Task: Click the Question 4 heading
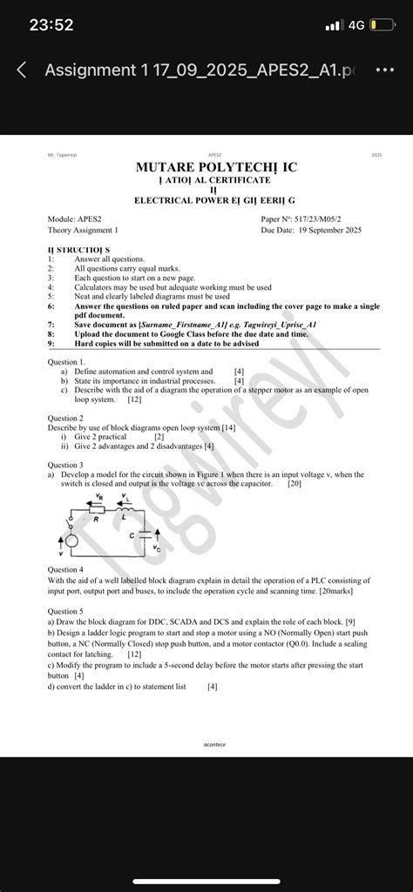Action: [65, 569]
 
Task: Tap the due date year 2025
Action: [347, 231]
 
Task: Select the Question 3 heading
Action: [65, 466]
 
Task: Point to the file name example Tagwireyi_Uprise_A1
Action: [279, 324]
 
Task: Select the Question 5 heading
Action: [65, 611]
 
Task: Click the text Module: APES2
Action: [75, 219]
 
